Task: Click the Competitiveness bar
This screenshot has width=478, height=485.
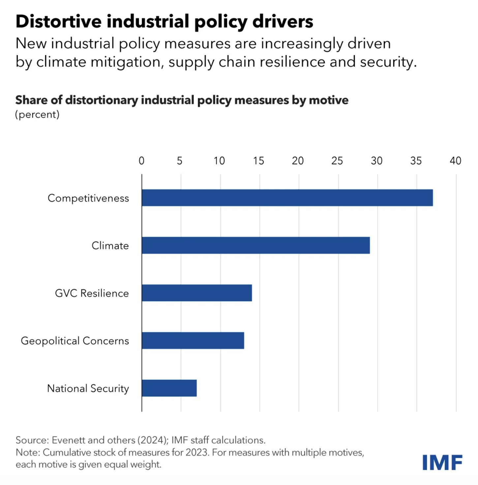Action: click(287, 198)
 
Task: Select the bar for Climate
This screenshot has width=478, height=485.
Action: click(255, 245)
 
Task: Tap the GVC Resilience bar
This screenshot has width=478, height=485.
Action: click(197, 293)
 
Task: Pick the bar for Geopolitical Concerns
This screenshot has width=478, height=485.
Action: click(193, 340)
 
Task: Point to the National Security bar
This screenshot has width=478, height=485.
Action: click(169, 388)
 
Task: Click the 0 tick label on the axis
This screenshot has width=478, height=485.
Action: click(141, 161)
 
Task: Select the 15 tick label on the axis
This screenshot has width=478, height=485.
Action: click(258, 161)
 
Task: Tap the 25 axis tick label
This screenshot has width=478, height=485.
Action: click(337, 161)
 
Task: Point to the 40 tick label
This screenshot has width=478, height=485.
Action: click(455, 161)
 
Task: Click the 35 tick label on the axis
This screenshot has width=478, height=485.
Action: click(416, 161)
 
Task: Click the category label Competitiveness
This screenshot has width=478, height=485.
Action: click(88, 198)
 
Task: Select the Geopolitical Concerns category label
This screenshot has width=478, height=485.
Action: click(75, 340)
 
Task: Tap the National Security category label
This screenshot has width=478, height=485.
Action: click(88, 388)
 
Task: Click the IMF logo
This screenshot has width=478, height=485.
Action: click(442, 463)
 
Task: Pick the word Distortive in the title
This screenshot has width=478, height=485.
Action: click(59, 21)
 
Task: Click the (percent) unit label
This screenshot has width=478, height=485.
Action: click(37, 114)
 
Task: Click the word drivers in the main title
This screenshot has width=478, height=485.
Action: click(283, 21)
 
